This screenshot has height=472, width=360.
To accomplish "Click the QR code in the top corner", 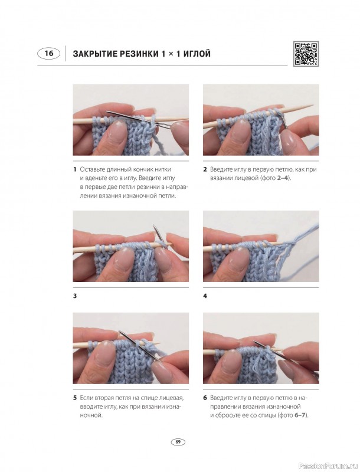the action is [x=306, y=54].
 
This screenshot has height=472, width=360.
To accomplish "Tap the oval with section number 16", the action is [x=49, y=54].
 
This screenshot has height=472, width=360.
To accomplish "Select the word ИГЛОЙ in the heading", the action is [x=196, y=54].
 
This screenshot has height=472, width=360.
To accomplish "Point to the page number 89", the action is [x=178, y=442].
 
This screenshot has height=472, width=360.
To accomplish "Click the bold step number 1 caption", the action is [x=74, y=169].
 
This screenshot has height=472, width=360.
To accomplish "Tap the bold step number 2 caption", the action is [x=205, y=169].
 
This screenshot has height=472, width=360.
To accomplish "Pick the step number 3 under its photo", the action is [x=75, y=296].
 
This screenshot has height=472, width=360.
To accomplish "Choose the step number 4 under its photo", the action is [x=205, y=296].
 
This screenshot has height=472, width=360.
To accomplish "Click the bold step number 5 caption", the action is [x=75, y=398].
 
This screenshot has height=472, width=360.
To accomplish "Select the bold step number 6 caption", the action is [x=205, y=398].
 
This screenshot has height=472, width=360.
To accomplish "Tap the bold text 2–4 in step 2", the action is [x=282, y=178].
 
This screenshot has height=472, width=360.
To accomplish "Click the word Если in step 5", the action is [x=86, y=398].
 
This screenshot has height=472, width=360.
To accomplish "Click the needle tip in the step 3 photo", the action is [x=154, y=225].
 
